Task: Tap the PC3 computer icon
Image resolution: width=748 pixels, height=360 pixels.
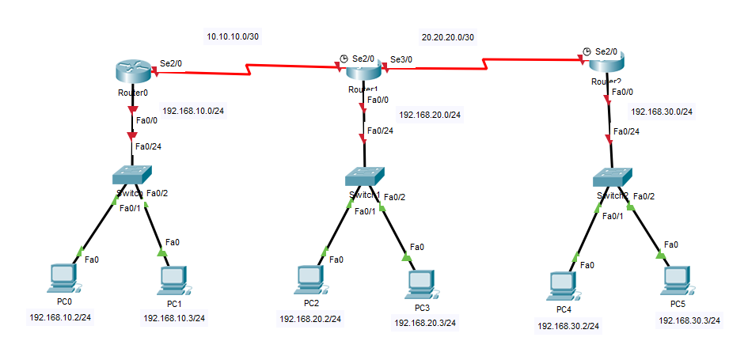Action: pyautogui.click(x=420, y=283)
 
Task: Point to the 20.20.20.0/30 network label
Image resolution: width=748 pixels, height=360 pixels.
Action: pyautogui.click(x=447, y=36)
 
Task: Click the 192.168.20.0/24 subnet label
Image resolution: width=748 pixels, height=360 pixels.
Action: pyautogui.click(x=430, y=115)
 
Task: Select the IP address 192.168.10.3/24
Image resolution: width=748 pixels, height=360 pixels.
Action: pyautogui.click(x=174, y=318)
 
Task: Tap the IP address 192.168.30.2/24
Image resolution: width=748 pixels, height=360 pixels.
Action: pyautogui.click(x=568, y=325)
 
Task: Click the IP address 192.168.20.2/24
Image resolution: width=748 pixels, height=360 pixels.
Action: pyautogui.click(x=310, y=319)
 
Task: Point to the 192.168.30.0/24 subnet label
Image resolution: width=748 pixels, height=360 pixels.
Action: pyautogui.click(x=662, y=112)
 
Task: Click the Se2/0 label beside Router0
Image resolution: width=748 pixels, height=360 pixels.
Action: pyautogui.click(x=172, y=63)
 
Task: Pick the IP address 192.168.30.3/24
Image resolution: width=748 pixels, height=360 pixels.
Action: pyautogui.click(x=689, y=320)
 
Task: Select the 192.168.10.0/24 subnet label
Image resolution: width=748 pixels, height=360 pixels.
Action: pyautogui.click(x=193, y=110)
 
